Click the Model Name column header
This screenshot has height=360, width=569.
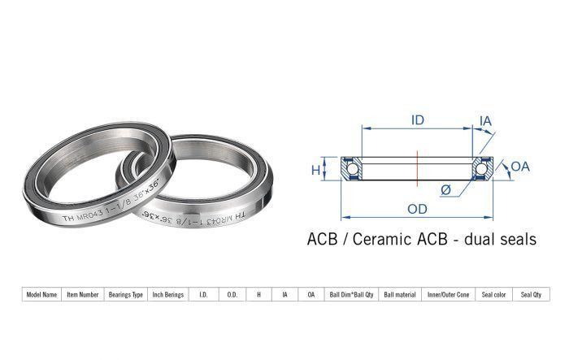coord(41,295)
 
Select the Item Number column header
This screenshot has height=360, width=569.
coord(83,295)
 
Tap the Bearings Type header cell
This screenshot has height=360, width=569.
coord(125,295)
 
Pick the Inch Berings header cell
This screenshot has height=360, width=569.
coord(168,295)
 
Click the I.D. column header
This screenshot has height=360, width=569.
coord(203,295)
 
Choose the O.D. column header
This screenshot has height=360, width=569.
coord(232,295)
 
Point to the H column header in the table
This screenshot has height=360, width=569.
coord(258,295)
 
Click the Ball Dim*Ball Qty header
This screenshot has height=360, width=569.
coord(351,295)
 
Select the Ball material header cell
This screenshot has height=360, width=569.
coord(400,295)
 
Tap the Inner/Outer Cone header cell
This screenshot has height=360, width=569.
coord(448,295)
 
